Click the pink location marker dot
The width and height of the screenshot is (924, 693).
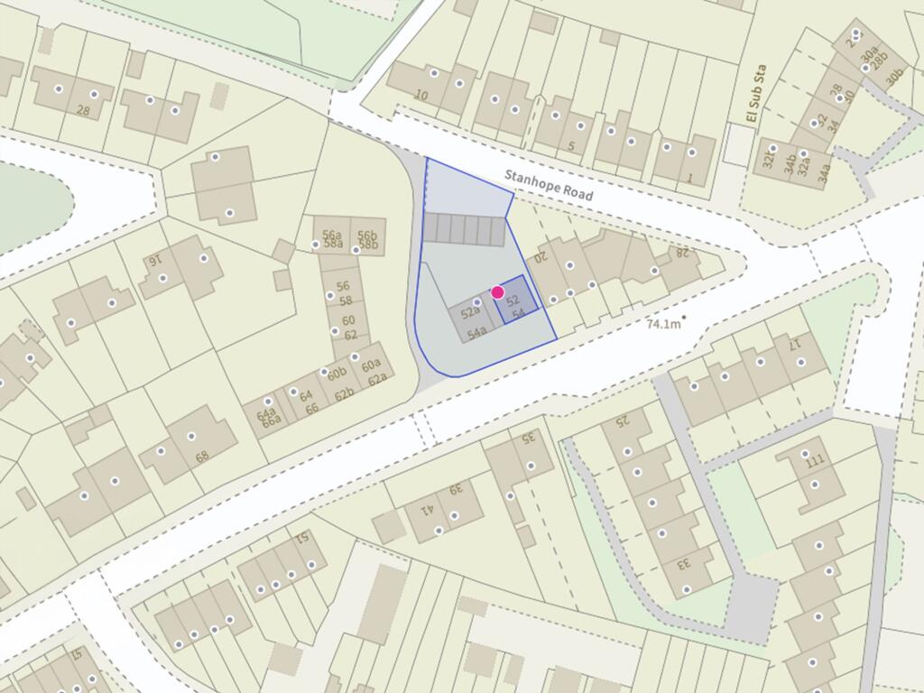(497, 292)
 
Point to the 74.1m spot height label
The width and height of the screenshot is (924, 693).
(665, 323)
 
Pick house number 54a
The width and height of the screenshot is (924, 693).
(477, 332)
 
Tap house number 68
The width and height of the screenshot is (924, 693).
(202, 456)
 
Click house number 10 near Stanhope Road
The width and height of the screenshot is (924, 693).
(421, 95)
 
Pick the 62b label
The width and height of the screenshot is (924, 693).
(344, 394)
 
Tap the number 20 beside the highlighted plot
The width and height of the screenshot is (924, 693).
(541, 257)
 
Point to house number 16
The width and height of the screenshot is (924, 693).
(154, 260)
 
